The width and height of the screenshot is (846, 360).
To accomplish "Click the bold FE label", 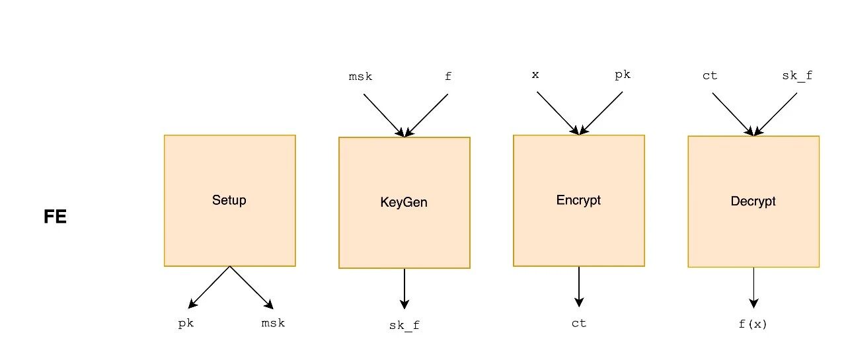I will coord(56,217).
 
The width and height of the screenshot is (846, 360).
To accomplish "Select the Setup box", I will coord(229,200).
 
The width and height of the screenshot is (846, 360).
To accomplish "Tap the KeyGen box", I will coord(404,202).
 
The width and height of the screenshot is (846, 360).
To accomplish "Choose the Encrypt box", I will coord(578,200).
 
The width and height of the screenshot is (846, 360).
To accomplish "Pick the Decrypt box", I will coord(753,201).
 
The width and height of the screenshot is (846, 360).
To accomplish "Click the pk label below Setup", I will coord(186,324).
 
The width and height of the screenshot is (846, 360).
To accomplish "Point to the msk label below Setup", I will coord(273,324).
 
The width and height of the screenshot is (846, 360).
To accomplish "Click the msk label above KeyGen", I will coord(360,77).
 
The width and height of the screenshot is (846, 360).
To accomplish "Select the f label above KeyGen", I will coord(448,77).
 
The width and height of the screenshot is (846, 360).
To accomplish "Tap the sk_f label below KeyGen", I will coord(404,325).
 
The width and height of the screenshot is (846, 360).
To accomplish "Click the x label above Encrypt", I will coord(535,75).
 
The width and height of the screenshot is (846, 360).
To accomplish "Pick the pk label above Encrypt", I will coord(623,75).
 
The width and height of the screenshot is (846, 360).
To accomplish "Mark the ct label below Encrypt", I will coord(579,324).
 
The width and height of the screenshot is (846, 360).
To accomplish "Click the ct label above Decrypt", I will coord(710,76).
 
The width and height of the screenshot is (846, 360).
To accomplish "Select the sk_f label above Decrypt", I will coord(797,76).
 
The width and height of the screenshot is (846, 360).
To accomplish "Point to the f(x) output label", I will coord(753,324).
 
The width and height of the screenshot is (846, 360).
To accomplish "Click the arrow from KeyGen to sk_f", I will coord(404,288).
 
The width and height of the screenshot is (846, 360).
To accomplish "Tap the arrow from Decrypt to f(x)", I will coord(753,287).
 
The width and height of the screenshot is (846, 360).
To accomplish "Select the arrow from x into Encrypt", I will coord(557,112).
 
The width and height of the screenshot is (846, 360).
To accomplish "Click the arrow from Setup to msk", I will coord(251,287).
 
